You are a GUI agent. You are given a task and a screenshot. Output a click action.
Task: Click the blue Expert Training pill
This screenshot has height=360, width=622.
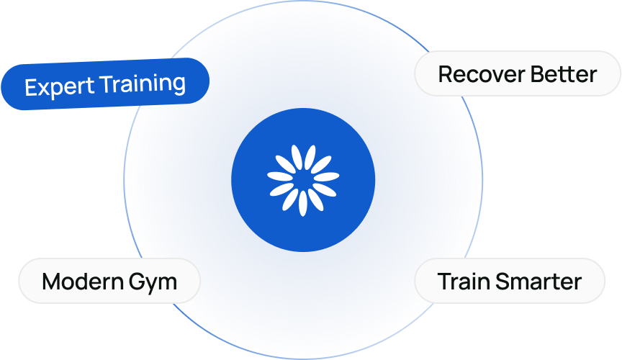pos(105,84)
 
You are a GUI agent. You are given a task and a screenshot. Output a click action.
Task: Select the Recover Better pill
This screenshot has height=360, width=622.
pos(517,73)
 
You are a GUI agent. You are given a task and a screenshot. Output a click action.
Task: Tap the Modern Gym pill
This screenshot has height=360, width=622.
pos(109,281)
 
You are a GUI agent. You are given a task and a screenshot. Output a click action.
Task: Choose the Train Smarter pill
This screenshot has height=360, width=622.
pos(509,281)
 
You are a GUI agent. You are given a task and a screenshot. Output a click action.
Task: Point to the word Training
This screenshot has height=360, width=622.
pos(143,83)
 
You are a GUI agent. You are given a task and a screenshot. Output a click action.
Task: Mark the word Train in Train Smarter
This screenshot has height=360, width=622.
pos(462,281)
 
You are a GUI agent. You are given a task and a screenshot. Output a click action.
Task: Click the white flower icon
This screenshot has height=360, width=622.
pos(303,180)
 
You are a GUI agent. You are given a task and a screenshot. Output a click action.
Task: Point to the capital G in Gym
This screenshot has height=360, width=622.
pos(140,281)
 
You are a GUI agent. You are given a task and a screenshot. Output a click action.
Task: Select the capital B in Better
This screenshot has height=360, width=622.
pos(537,73)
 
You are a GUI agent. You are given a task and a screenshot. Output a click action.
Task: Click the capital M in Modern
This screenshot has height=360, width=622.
pos(51,281)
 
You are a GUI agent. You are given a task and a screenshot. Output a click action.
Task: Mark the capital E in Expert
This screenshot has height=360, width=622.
pos(31,88)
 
